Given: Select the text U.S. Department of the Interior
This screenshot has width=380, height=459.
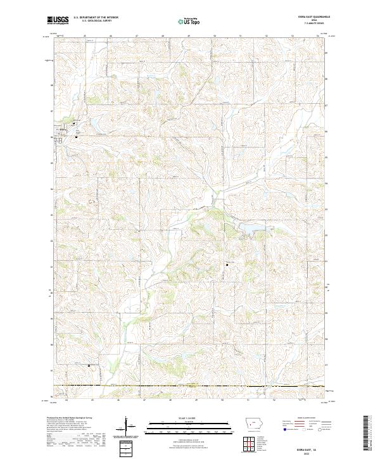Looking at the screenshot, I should (x=96, y=18).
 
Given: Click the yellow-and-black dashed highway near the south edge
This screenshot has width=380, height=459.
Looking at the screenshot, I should (x=190, y=386).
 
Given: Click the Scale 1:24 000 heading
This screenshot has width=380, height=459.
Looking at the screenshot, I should (x=189, y=417).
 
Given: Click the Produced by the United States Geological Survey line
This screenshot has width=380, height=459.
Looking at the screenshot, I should (x=70, y=418).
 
